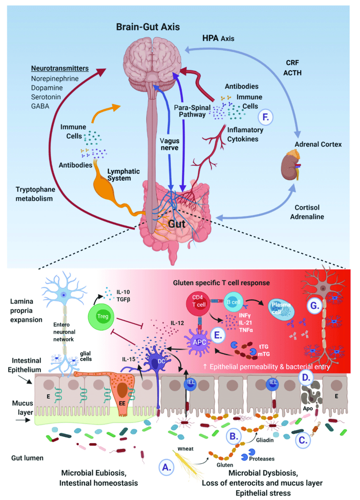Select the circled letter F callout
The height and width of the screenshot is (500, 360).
266,117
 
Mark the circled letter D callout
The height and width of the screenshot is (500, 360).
305,377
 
